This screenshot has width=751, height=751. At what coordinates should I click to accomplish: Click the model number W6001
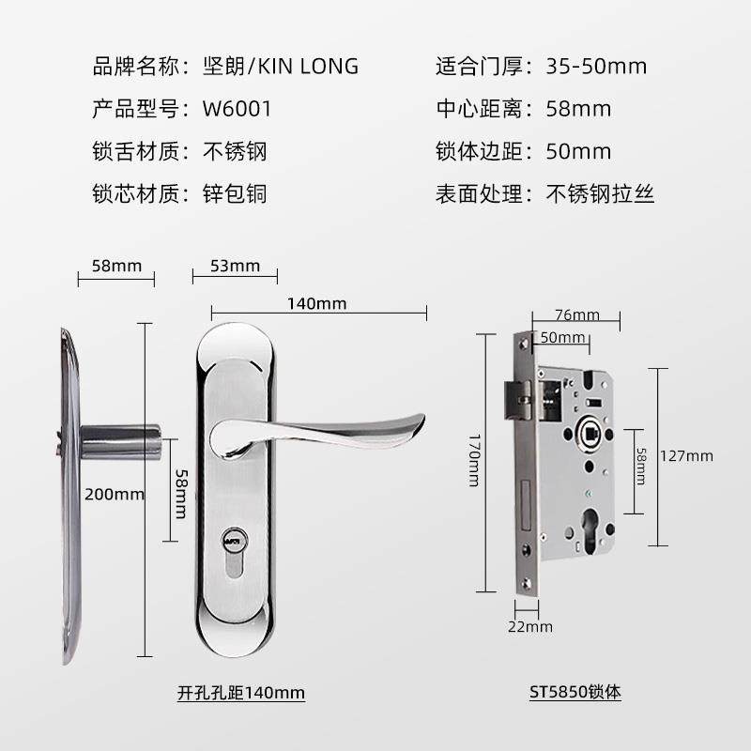(237, 109)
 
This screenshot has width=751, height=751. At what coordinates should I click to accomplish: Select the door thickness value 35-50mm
(596, 66)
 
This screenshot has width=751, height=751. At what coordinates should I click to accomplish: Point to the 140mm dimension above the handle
(317, 303)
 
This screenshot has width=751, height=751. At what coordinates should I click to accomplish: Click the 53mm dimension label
(235, 266)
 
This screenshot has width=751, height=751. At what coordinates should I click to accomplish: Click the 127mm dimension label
(687, 456)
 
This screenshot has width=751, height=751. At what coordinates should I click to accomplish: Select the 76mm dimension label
(577, 314)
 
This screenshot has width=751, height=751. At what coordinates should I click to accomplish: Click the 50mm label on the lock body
(563, 338)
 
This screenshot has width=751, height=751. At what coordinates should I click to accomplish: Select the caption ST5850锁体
(575, 693)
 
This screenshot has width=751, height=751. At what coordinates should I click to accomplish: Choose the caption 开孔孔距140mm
(241, 693)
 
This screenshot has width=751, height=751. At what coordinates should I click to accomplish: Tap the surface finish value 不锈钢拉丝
(600, 194)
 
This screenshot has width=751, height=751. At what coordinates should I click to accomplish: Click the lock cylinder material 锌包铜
(236, 194)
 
